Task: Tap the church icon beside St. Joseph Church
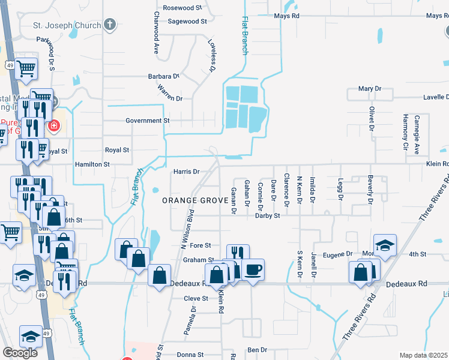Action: coord(109,24)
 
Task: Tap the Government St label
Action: coord(147,121)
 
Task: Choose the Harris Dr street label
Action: coord(186,172)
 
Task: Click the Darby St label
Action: coord(268,215)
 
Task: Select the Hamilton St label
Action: coord(92,164)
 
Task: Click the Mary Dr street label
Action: coord(370,89)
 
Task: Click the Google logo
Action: coord(20,353)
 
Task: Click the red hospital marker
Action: coord(54,125)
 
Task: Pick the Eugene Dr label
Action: coord(338,254)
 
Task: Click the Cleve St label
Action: coord(196,298)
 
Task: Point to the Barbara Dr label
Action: coord(164,77)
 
